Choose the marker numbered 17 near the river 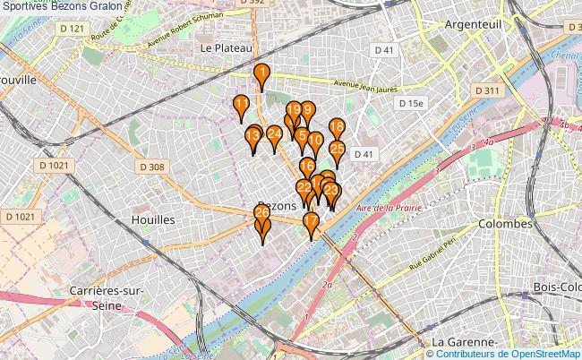point(311,223)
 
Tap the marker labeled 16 point(307,167)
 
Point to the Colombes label point(505,223)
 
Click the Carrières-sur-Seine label point(107,297)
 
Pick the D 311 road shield point(488,91)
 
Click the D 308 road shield point(151,167)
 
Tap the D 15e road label point(412,104)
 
